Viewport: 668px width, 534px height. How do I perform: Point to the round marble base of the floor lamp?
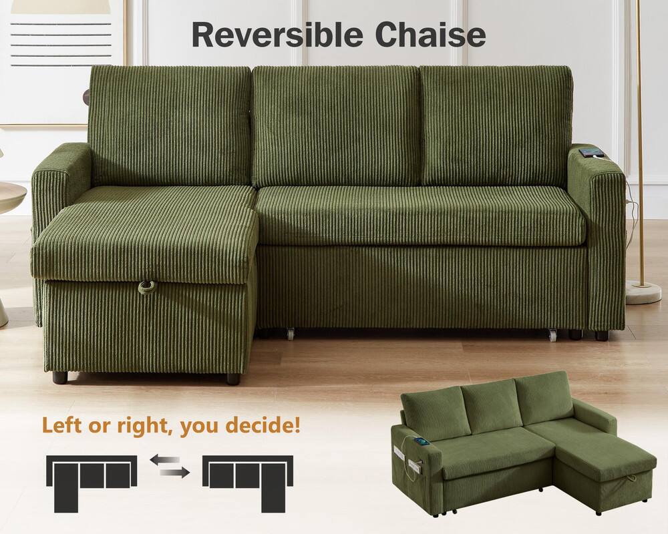click(643, 292)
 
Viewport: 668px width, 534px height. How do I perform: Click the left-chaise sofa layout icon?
click(91, 478)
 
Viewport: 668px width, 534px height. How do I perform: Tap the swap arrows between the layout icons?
click(169, 465)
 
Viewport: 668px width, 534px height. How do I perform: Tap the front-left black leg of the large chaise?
click(60, 377)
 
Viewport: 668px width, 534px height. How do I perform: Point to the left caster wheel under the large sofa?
click(290, 332)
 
